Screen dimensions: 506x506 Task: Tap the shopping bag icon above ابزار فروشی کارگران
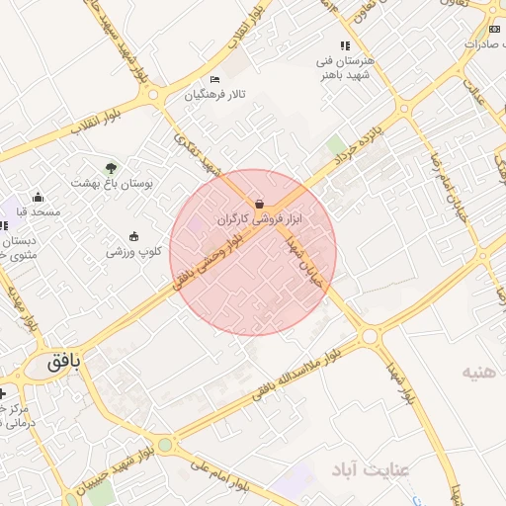pyautogui.click(x=259, y=204)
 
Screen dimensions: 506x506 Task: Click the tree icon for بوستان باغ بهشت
pyautogui.click(x=111, y=168)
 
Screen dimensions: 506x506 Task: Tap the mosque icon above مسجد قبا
pyautogui.click(x=39, y=197)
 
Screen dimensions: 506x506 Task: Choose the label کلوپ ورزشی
pyautogui.click(x=133, y=252)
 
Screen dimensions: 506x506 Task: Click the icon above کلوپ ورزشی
pyautogui.click(x=133, y=236)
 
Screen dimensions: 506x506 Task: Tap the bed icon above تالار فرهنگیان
pyautogui.click(x=215, y=79)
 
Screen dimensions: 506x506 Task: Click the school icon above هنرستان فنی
pyautogui.click(x=344, y=45)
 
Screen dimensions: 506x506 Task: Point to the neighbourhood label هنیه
pyautogui.click(x=483, y=373)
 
